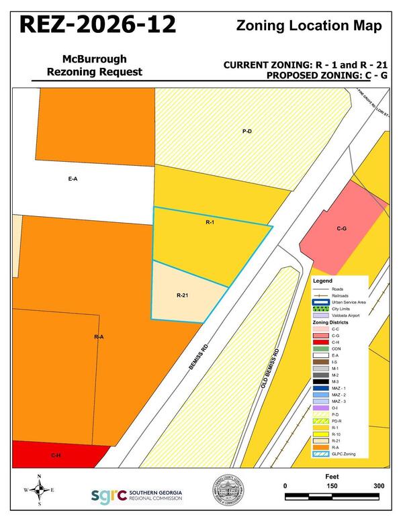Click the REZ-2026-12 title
click(97, 24)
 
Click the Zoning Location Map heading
click(309, 26)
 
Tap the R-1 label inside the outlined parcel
click(209, 221)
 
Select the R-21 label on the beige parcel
click(182, 295)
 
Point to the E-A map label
click(73, 179)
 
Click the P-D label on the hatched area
click(247, 131)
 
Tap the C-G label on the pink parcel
click(341, 229)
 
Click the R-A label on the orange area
click(98, 336)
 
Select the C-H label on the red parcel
click(56, 455)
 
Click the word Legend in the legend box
click(323, 280)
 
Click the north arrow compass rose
click(39, 490)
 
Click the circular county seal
click(228, 491)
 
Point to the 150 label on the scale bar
click(332, 486)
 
